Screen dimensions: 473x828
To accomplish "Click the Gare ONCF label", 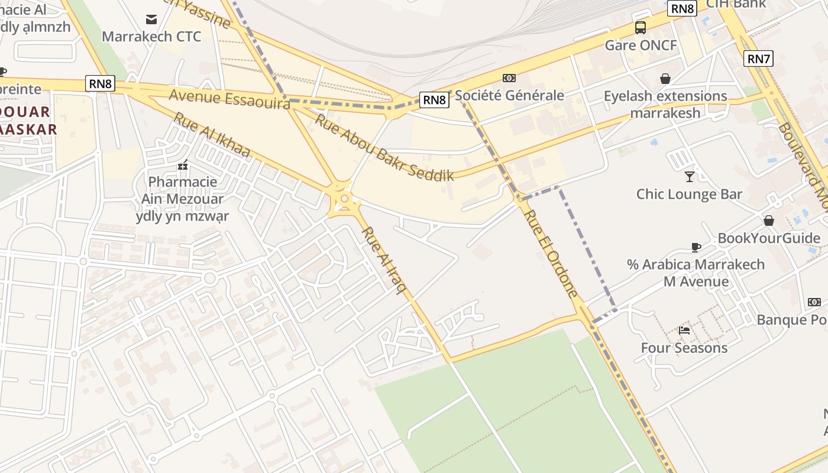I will click(641, 46).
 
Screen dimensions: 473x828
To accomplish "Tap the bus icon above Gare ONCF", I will click(641, 27).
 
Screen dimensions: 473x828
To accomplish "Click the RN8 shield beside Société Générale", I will click(434, 100).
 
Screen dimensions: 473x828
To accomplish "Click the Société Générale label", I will click(509, 95).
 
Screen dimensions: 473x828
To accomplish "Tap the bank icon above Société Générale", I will click(509, 78).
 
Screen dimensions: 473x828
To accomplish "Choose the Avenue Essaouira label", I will click(229, 99).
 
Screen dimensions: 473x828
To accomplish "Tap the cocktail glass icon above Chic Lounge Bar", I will click(689, 176).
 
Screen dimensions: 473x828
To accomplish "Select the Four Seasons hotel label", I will click(684, 348).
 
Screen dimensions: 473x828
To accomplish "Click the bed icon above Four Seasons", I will click(684, 330).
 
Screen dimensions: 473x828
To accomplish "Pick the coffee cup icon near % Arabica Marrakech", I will click(696, 247).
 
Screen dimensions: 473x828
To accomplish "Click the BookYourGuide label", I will click(768, 238).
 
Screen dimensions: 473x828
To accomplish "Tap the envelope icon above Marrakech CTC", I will click(151, 20).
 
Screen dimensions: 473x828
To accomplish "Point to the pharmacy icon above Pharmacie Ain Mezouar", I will click(183, 165).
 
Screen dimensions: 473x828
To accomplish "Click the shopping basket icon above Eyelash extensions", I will click(665, 78).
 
